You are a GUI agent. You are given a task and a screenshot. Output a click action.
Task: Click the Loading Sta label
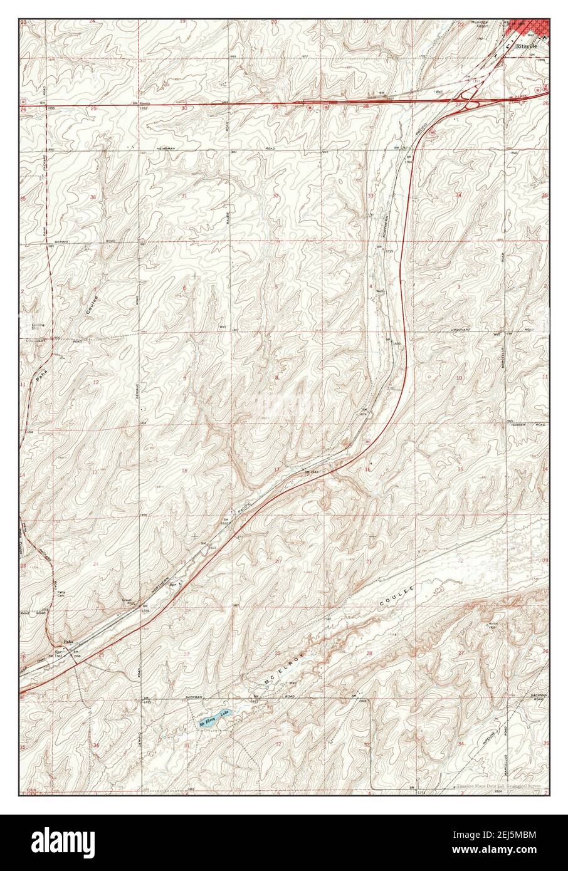[38, 327]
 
